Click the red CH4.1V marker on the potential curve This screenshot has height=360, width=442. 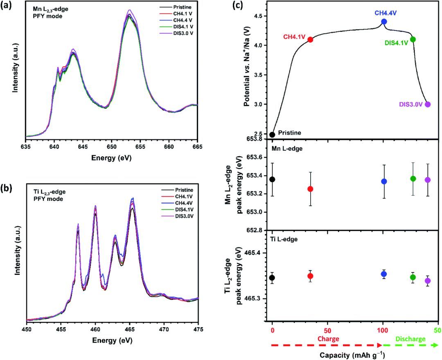pos(311,40)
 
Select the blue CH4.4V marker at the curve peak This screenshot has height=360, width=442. pos(384,21)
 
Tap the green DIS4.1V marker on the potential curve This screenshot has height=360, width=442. pos(413,39)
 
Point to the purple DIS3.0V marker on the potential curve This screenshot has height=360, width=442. pos(428,104)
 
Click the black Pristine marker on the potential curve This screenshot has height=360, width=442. pos(272,135)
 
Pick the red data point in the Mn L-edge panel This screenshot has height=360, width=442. pos(311,189)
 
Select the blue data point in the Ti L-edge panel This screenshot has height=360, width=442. pos(384,274)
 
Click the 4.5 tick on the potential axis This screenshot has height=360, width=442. pos(258,16)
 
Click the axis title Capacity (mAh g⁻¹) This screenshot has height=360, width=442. pos(354,354)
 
